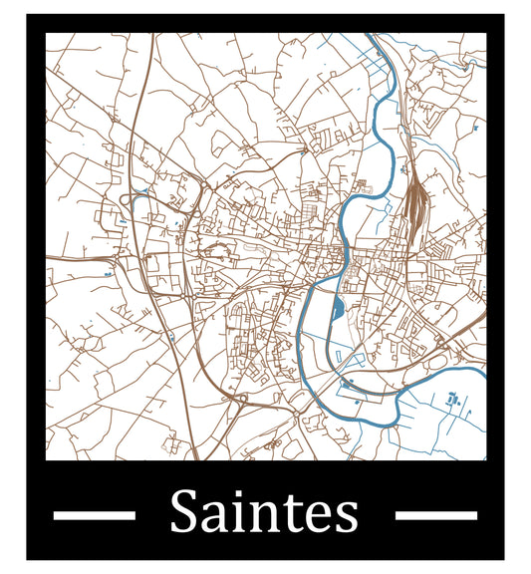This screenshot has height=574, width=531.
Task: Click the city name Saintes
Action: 264,513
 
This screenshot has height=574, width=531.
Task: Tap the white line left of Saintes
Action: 94,515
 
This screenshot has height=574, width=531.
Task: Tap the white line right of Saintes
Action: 435,515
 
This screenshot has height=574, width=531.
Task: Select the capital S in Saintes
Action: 184,513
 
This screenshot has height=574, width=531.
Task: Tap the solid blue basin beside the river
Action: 337,308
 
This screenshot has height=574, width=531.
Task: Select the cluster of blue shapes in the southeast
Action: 452,401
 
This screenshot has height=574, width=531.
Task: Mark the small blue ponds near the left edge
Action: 107,271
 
